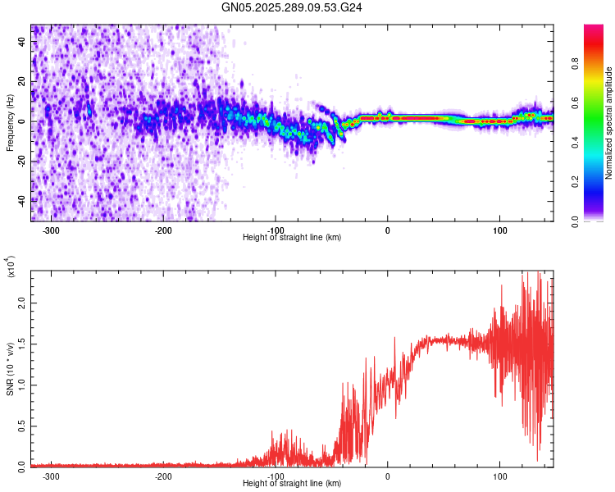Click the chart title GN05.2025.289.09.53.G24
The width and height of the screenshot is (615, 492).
(293, 7)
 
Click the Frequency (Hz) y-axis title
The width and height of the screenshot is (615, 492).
(11, 123)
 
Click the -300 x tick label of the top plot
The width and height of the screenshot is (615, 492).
(50, 229)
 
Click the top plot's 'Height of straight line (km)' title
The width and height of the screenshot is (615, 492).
(292, 237)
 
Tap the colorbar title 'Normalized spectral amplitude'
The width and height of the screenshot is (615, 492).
(608, 123)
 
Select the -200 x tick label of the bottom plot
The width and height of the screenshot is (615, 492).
(162, 475)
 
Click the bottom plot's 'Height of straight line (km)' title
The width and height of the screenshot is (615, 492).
(292, 483)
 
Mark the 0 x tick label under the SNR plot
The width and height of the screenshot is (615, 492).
(388, 475)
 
